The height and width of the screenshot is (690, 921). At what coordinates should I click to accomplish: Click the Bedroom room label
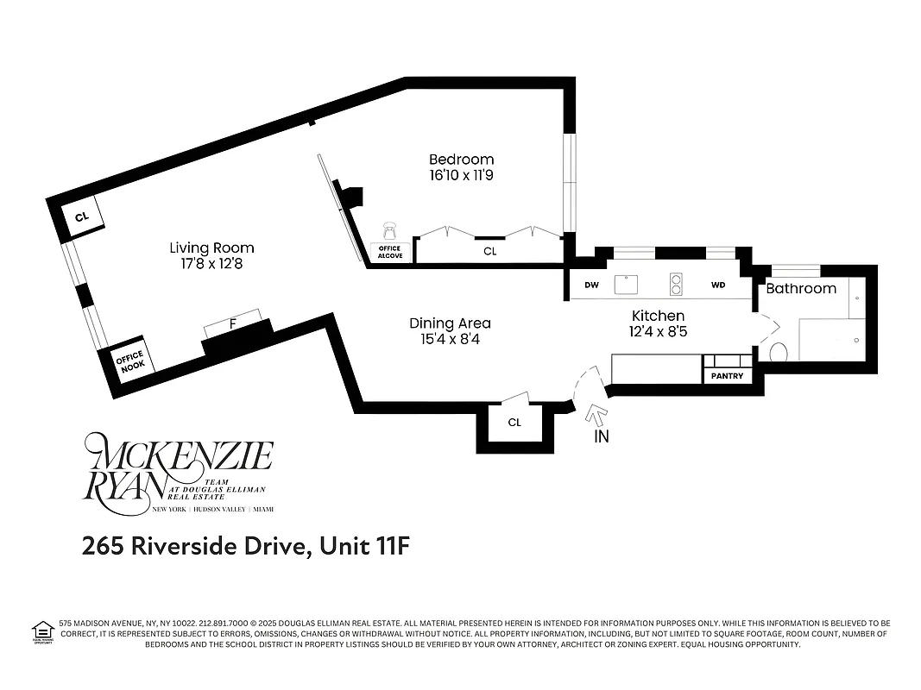click(461, 160)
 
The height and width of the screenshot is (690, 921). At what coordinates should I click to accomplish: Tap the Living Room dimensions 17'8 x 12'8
click(211, 264)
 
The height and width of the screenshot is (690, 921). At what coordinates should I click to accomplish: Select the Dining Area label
click(450, 323)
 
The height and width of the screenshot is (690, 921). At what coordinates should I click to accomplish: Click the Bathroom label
click(801, 288)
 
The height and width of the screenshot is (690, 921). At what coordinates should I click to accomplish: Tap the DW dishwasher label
click(592, 285)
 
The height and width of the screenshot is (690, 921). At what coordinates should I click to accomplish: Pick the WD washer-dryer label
click(718, 285)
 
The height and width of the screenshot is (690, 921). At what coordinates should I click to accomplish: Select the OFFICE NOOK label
click(130, 361)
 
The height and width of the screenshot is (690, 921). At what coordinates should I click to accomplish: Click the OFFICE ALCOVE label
click(390, 252)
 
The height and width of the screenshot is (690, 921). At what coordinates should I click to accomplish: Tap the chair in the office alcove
click(389, 230)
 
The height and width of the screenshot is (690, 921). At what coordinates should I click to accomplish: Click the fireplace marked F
click(232, 324)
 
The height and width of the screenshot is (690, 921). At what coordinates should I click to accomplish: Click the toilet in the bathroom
click(779, 352)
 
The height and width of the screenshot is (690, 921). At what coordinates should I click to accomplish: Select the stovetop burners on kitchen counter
click(676, 283)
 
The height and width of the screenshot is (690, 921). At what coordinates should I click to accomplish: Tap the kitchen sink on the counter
click(624, 283)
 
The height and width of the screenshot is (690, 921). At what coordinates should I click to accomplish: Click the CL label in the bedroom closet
click(489, 251)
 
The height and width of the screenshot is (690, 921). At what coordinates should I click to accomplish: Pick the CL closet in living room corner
click(81, 217)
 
